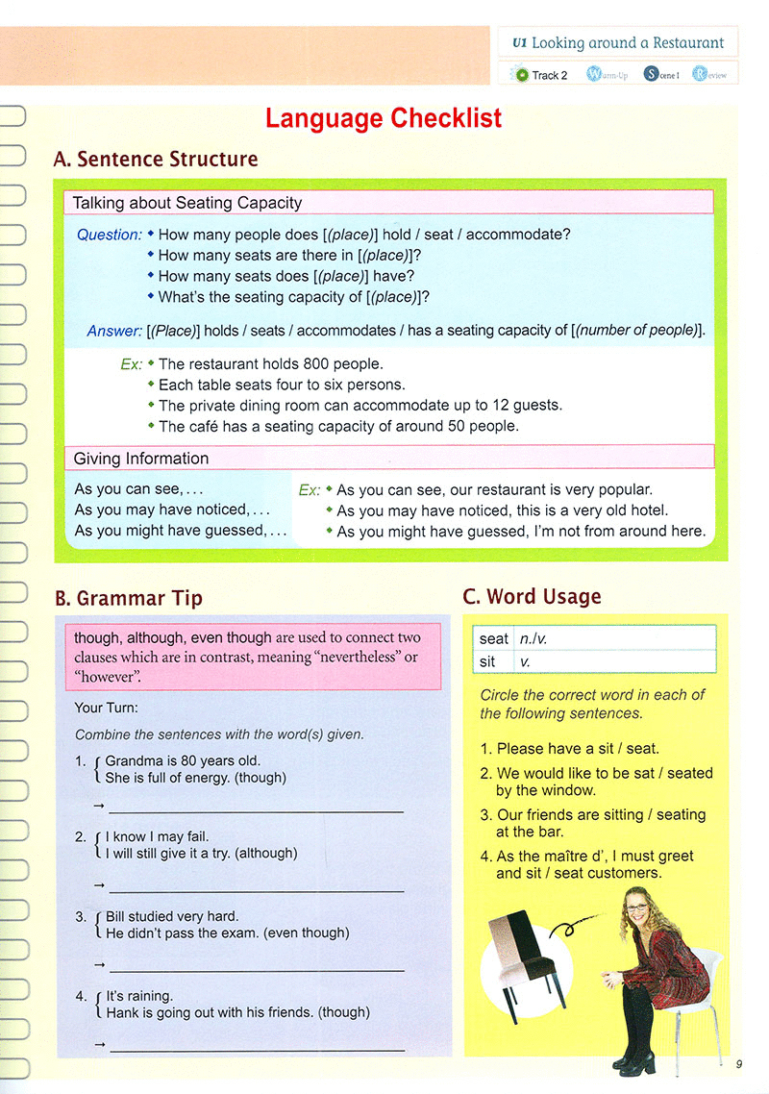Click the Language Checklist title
click(384, 118)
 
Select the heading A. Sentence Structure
click(156, 160)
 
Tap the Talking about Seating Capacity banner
click(187, 203)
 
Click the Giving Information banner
click(141, 459)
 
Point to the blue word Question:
click(109, 235)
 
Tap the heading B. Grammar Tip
click(129, 598)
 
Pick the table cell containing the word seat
click(494, 638)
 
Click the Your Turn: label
click(106, 708)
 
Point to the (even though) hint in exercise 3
click(307, 932)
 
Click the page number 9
click(738, 1063)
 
